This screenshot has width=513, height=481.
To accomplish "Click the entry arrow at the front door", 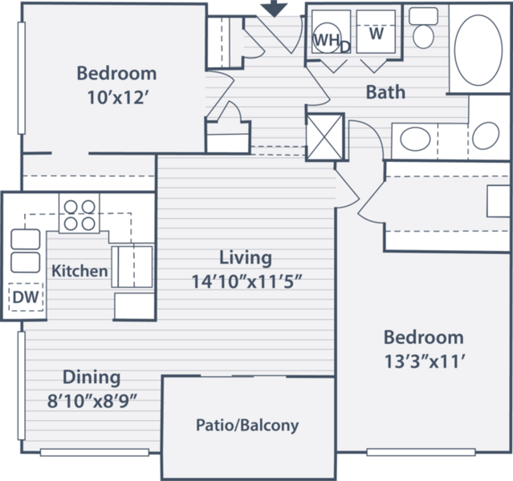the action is [x=275, y=8].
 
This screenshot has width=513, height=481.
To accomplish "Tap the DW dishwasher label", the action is [x=26, y=297].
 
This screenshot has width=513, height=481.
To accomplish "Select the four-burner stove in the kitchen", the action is [x=79, y=213].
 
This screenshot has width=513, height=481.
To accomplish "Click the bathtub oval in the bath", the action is [x=478, y=51].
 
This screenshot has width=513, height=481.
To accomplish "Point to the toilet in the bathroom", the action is [x=423, y=28].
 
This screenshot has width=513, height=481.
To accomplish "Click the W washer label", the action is [x=377, y=34].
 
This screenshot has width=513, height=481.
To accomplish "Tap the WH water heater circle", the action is [x=327, y=38].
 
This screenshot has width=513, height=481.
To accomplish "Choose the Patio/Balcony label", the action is [x=247, y=425].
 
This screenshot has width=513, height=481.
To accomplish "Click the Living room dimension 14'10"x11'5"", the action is [x=246, y=281].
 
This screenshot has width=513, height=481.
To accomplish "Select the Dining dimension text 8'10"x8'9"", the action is [x=92, y=401].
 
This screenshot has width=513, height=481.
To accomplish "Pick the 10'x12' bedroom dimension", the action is [x=116, y=97].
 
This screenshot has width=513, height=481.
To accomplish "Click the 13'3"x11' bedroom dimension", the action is [x=425, y=362].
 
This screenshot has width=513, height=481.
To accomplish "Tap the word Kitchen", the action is [x=79, y=271].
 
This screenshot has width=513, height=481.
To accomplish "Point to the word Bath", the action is [x=385, y=92].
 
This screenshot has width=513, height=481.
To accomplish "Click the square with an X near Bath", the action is [x=325, y=137].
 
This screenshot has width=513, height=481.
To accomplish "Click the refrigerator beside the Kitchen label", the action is [x=132, y=267].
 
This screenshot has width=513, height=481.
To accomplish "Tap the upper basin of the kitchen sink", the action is [x=26, y=239].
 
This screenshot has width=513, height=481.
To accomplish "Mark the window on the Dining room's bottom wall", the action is [x=95, y=453].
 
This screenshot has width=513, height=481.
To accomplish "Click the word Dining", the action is [x=92, y=378].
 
